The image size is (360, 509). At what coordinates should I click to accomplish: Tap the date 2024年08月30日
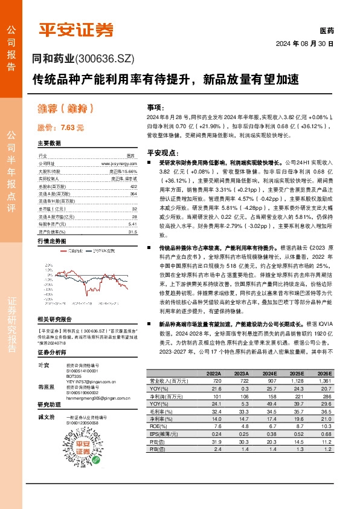pyautogui.click(x=313, y=44)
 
